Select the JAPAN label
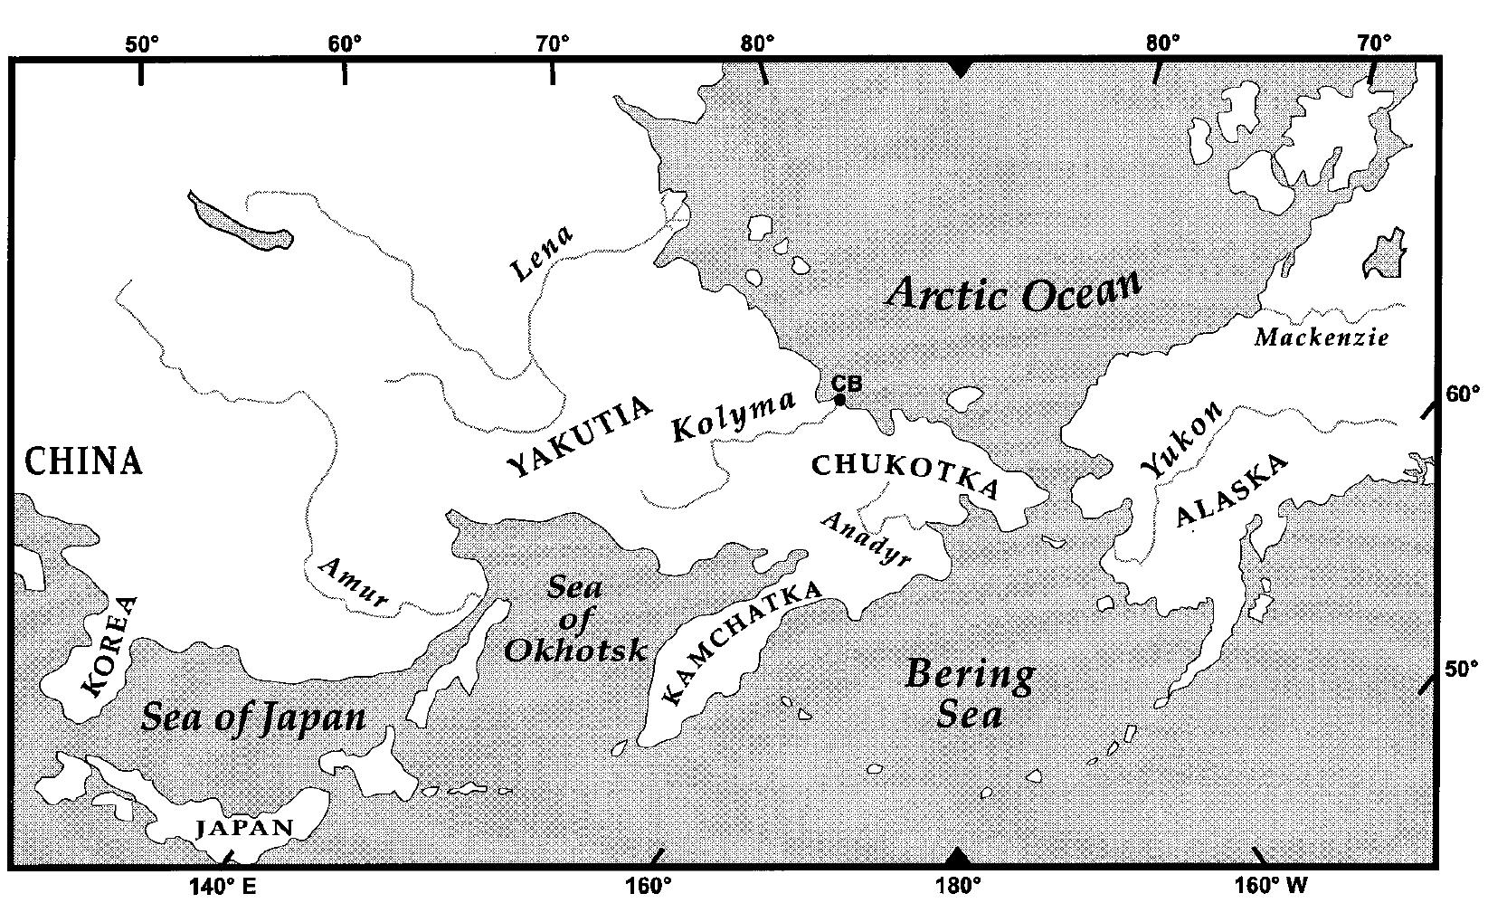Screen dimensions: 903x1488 coord(245,827)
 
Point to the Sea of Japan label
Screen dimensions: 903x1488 coord(254,718)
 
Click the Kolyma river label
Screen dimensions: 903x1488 coord(734,417)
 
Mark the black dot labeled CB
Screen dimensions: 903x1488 coord(839,399)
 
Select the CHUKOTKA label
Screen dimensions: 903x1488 coord(905,474)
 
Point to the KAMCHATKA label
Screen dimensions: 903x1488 coord(742,642)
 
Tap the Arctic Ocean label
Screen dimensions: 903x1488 coord(1013,293)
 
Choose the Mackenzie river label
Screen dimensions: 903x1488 coord(1322,338)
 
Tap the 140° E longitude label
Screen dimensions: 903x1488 coord(223,885)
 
